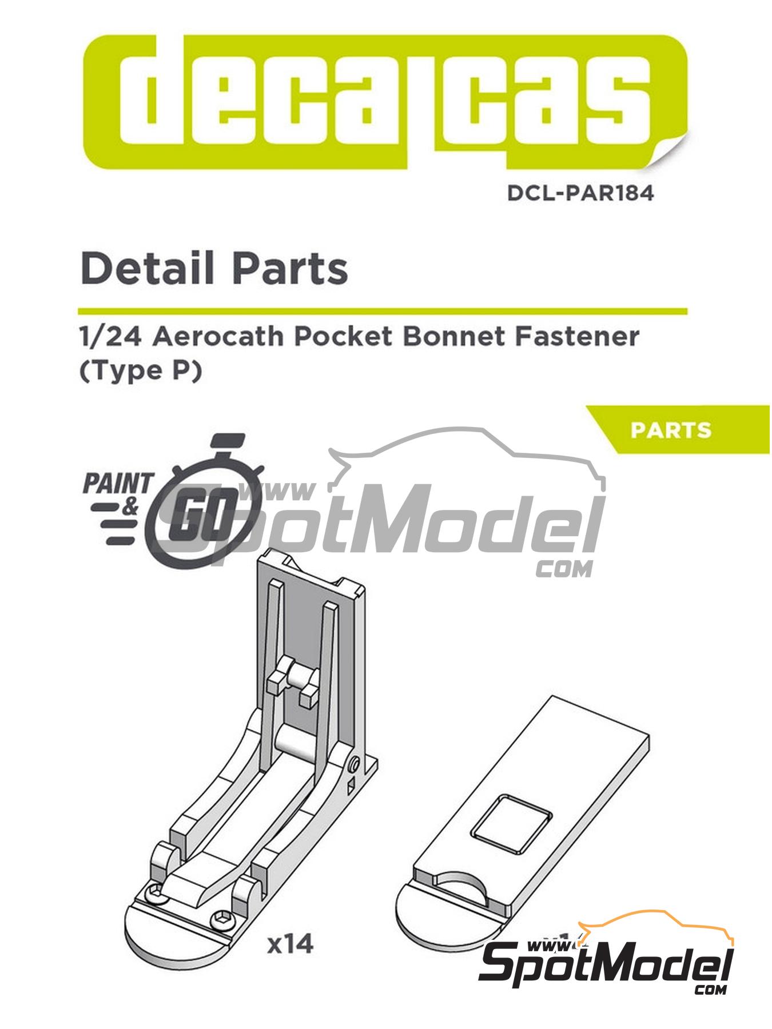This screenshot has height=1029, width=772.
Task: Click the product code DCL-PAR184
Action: [580, 193]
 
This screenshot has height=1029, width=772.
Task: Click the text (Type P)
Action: [141, 372]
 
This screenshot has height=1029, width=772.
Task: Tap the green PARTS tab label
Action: [671, 430]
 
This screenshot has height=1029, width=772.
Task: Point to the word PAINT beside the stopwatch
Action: [118, 484]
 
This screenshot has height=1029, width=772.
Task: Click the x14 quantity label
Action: [291, 944]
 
